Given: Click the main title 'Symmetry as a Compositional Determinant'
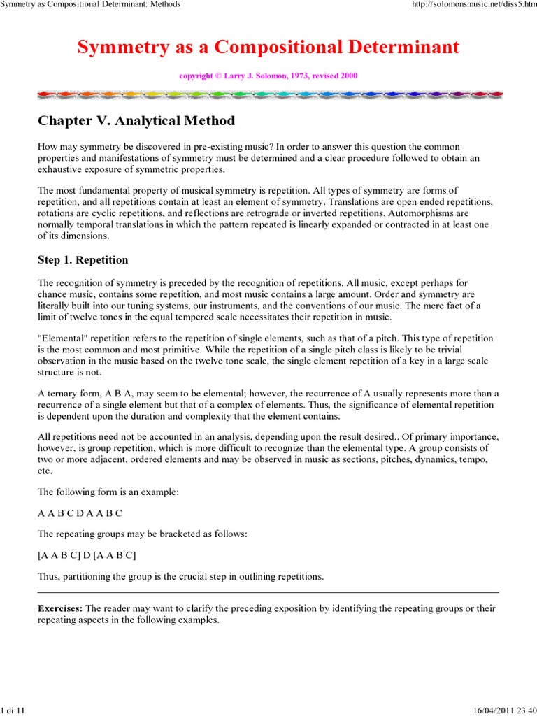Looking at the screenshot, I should pos(268,47).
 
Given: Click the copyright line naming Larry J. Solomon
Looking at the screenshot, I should pos(268,76).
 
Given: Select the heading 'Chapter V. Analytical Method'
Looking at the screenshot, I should pos(136,121).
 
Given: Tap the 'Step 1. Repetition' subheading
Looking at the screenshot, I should pos(83,260).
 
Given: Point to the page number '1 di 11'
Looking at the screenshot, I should pos(13,710).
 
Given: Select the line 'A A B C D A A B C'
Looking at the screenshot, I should pos(80,513).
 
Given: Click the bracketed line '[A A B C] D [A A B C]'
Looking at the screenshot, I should pos(87,555).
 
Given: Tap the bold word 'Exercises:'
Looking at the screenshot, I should pos(60,608).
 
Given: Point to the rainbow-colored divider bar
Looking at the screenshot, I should pos(268,94).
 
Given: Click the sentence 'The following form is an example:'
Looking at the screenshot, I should pos(108,492).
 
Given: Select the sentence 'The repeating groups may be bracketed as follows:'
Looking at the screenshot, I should pos(142,534).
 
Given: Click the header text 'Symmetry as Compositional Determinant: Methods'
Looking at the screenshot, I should pos(91,4).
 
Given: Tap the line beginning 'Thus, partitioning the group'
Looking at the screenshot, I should pos(180,576).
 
